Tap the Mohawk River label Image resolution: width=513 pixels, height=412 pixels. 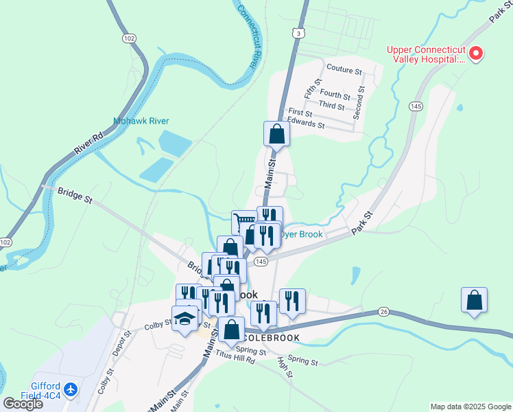pyautogui.click(x=141, y=122)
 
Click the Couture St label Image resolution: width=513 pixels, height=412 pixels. pyautogui.click(x=344, y=69)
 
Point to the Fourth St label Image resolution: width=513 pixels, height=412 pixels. pyautogui.click(x=335, y=95)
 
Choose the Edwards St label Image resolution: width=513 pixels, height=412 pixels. pyautogui.click(x=307, y=124)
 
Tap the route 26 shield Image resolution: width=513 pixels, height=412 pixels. pyautogui.click(x=383, y=312)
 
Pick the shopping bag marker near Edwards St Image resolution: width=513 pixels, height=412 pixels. pyautogui.click(x=276, y=133)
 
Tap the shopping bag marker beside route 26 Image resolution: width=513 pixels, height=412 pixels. pyautogui.click(x=474, y=299)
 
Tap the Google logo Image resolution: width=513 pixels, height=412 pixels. pyautogui.click(x=23, y=404)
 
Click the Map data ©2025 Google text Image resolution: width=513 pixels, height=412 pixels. pyautogui.click(x=470, y=407)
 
